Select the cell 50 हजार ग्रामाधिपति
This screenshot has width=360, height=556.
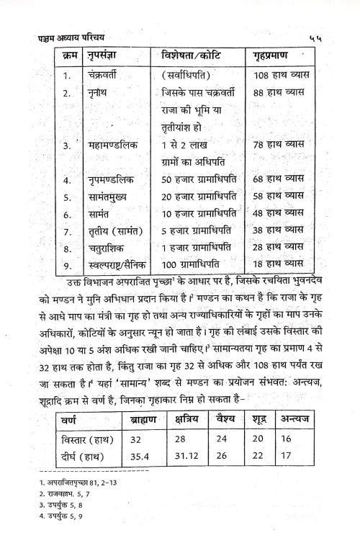pyautogui.click(x=195, y=179)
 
